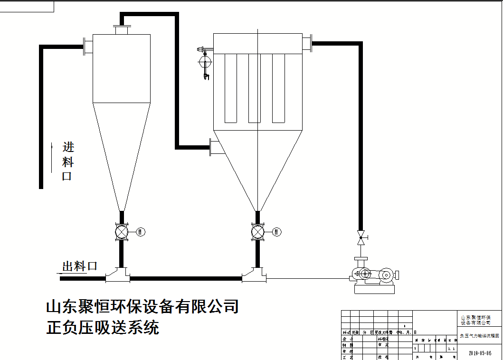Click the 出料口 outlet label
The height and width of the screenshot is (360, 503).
coord(79,266)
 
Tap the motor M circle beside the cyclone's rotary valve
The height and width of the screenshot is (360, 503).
coord(141,232)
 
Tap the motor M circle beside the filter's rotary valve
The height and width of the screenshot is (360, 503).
coord(277,232)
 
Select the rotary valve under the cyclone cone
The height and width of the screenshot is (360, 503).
coord(122,232)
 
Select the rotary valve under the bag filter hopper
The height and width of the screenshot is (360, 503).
coord(257,232)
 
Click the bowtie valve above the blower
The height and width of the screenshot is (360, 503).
coord(361,237)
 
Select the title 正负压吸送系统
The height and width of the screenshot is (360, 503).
coord(103,328)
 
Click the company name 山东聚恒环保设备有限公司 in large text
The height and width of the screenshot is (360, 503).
coord(142,306)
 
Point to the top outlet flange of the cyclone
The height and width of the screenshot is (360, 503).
coord(122,30)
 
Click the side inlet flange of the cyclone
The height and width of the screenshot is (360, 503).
coord(88,47)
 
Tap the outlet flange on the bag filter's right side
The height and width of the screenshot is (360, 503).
coord(307,44)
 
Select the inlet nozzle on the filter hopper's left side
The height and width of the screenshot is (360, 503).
coord(216,147)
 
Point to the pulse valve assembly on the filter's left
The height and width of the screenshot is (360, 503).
coord(205,62)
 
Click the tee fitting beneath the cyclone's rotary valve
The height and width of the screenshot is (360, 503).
coord(117,275)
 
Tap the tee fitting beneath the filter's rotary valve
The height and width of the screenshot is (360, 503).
coord(254,275)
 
